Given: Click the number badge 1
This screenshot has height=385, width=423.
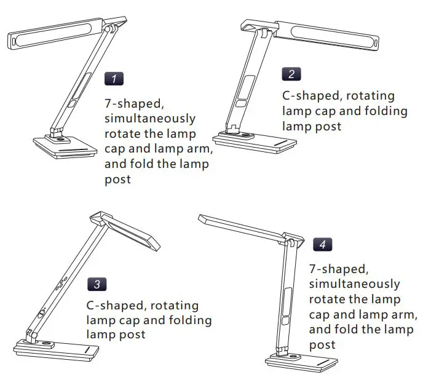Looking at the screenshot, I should coord(114,78).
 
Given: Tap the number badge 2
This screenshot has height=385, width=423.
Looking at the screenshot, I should coord(291,74).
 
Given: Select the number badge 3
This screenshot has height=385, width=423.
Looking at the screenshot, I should coord(97,284).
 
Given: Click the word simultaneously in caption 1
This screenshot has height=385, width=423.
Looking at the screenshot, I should coord(150,117).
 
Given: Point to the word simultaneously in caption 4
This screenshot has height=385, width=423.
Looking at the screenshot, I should coord(354,284).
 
